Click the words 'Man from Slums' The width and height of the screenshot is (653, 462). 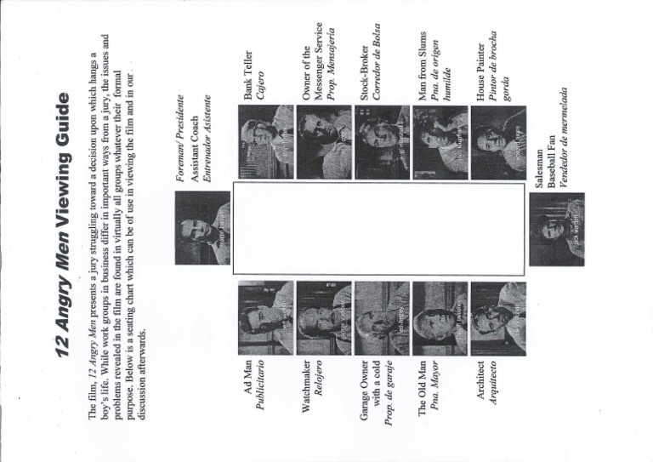pyautogui.click(x=422, y=73)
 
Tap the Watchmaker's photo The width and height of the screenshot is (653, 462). pyautogui.click(x=322, y=311)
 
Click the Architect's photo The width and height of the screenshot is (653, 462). pyautogui.click(x=497, y=311)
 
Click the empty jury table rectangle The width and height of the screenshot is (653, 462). pyautogui.click(x=379, y=230)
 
